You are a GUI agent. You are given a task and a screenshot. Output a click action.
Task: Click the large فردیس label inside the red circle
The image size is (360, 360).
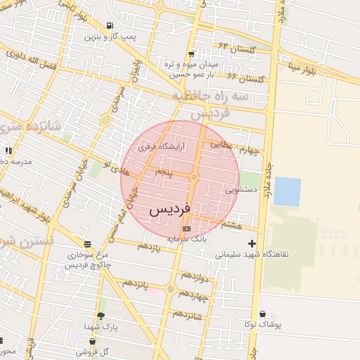click(169, 210)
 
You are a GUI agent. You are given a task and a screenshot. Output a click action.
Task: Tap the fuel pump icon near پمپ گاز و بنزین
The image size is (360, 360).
click(109, 26)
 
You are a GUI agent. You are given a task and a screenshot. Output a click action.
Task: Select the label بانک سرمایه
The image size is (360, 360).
click(187, 239)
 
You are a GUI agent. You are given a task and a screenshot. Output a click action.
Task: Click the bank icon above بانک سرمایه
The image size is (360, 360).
click(186, 229)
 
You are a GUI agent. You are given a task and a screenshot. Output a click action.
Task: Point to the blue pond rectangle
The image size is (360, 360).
click(287, 191)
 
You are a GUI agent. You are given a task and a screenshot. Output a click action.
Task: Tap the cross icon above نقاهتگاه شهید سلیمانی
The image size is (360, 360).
click(252, 243)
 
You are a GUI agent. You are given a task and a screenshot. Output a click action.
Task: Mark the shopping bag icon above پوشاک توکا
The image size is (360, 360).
click(263, 314)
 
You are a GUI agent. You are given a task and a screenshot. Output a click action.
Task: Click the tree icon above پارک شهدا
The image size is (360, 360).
click(101, 316)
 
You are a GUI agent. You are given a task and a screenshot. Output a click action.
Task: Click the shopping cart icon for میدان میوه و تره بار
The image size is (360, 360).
click(191, 54)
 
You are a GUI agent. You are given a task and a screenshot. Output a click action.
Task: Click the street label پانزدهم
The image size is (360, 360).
click(134, 283)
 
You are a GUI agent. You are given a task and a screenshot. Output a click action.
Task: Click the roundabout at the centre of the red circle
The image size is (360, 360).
click(193, 177)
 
